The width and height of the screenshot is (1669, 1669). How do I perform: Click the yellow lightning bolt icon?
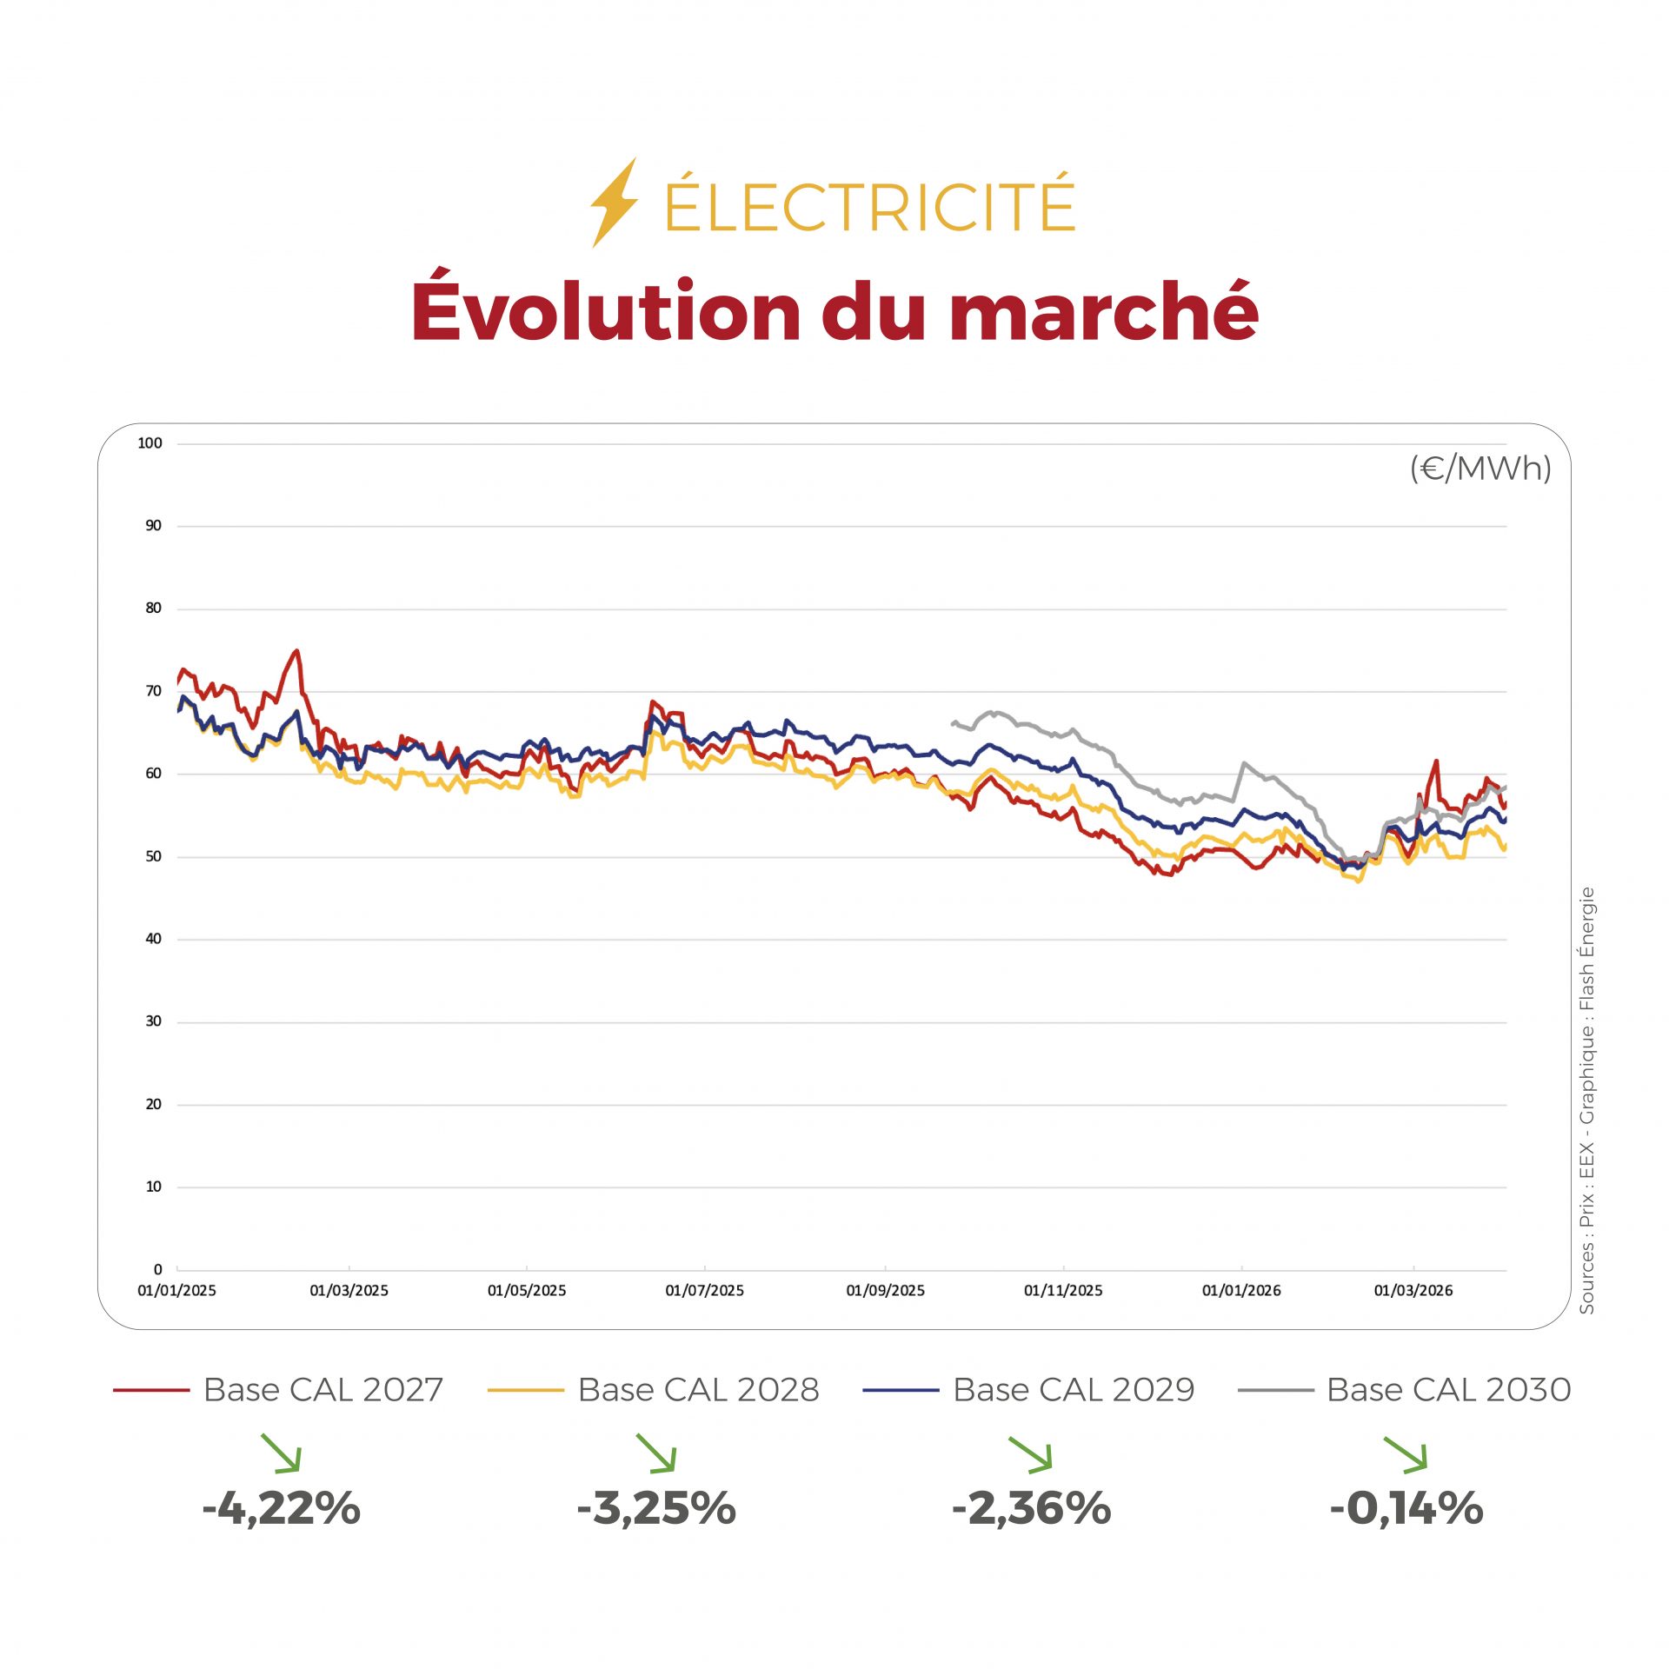click(615, 203)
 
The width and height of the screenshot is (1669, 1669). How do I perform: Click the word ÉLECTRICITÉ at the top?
click(869, 205)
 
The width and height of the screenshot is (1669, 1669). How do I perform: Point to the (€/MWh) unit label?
click(1480, 469)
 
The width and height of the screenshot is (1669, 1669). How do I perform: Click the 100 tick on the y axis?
click(150, 443)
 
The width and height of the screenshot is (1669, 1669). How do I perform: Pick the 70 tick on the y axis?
click(153, 691)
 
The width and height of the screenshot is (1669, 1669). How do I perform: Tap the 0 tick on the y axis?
click(157, 1269)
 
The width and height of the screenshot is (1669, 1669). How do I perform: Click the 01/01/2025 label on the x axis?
click(176, 1291)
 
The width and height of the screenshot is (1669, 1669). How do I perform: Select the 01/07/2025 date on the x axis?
click(704, 1291)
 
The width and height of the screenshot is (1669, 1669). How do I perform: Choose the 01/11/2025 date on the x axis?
click(1063, 1291)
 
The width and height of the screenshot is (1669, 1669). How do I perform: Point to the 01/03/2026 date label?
click(1413, 1291)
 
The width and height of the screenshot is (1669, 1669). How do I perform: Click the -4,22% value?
click(281, 1507)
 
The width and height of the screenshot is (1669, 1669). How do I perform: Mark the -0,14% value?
click(1406, 1507)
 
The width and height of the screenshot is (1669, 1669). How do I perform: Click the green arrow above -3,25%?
click(656, 1453)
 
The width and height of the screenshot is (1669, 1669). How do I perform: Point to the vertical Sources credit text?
click(1587, 1100)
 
